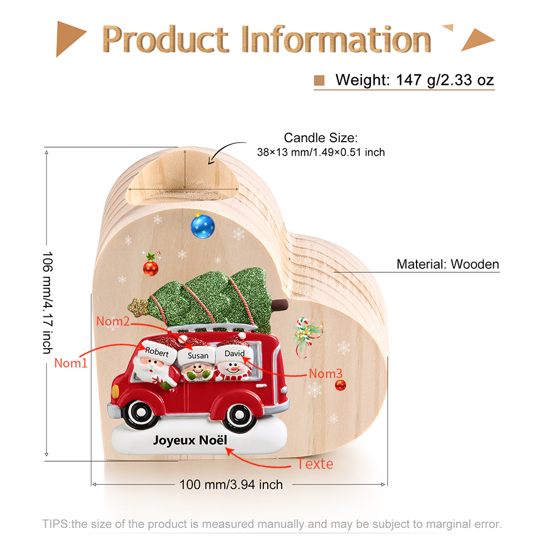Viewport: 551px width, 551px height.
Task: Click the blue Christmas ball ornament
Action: tap(202, 226)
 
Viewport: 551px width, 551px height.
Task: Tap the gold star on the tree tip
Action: tap(138, 307)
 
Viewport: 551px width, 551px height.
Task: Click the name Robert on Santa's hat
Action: tap(157, 352)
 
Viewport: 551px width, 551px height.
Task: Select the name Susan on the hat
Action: tap(198, 355)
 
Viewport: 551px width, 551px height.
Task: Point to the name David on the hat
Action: tap(234, 353)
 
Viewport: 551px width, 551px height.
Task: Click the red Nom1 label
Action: tap(71, 363)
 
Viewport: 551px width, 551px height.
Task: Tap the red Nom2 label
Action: tap(113, 321)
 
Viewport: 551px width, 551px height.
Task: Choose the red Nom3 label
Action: tap(326, 374)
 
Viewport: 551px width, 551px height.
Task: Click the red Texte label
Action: tap(315, 464)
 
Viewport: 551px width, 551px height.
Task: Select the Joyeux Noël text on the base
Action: tap(190, 440)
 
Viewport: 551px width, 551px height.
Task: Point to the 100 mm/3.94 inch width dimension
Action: tap(231, 484)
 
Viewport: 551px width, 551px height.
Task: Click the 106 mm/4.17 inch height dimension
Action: tap(47, 302)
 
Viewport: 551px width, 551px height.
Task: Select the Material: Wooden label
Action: tap(447, 264)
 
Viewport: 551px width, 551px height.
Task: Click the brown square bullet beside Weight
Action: tap(319, 80)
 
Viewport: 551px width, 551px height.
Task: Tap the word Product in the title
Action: tap(165, 39)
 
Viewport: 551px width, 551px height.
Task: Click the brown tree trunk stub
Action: tap(280, 305)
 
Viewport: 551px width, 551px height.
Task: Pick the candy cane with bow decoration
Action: tap(307, 336)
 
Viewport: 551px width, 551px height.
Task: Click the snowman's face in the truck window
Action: tap(233, 369)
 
